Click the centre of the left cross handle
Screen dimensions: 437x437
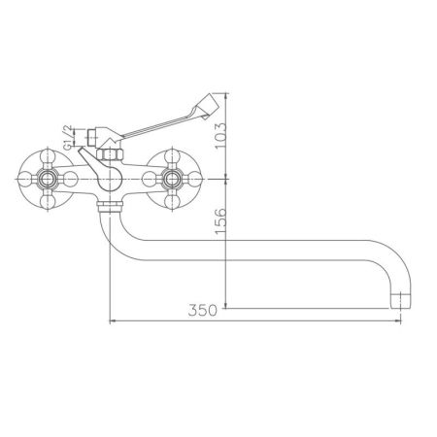(44, 180)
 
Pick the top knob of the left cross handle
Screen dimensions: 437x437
(44, 155)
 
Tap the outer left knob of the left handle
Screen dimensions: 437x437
(22, 180)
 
